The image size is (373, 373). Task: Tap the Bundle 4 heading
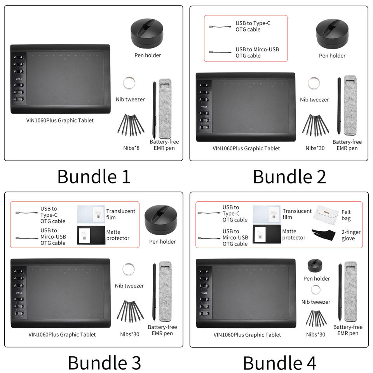[279, 363]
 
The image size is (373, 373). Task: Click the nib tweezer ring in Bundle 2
[314, 84]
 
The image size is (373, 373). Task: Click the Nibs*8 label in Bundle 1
[131, 148]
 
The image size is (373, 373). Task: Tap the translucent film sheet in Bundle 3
[91, 214]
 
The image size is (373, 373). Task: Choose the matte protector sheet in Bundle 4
[266, 234]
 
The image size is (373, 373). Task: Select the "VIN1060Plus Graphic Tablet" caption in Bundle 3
[62, 335]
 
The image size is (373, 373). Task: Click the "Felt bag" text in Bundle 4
[346, 215]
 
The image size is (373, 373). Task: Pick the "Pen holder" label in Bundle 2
[332, 56]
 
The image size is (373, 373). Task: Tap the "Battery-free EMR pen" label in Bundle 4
[348, 330]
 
